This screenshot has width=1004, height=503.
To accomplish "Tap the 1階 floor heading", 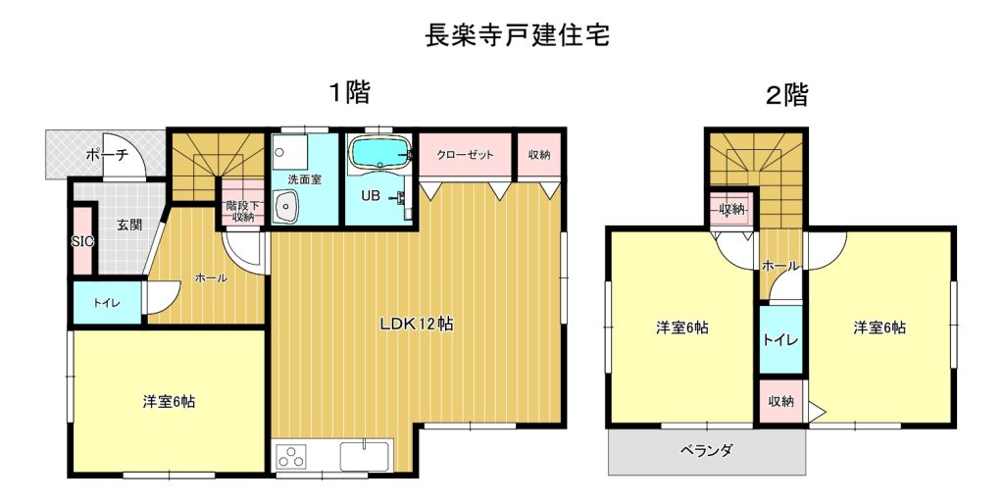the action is pos(350,93).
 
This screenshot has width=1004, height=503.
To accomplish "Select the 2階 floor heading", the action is pos(787,95).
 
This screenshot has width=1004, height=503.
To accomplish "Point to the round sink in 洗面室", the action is pos(285,207).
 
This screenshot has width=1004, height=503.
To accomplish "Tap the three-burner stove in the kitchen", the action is pos(290,456).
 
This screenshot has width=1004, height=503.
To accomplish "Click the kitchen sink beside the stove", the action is pos(365,456).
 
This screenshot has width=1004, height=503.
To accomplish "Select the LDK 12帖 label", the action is pos(417,325).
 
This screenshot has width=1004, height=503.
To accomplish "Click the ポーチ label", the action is pos(106,154).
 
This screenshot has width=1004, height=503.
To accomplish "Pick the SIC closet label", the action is pos(82,242).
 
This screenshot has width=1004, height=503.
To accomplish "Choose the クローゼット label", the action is pos(466,155).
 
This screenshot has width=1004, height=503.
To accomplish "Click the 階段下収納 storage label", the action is pos(243,211).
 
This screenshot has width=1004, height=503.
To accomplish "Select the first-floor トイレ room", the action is pos(106,303).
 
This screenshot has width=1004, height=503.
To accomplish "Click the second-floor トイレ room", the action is pos(780,340).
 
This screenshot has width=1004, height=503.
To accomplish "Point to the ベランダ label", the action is pos(706,450).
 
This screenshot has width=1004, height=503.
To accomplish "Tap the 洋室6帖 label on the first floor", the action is pos(169,402).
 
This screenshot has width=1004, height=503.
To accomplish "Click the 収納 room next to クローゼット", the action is pos(539,155).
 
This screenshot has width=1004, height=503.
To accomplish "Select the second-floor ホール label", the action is pos(779,266).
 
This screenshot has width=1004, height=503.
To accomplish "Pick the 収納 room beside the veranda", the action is pos(780,402).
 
